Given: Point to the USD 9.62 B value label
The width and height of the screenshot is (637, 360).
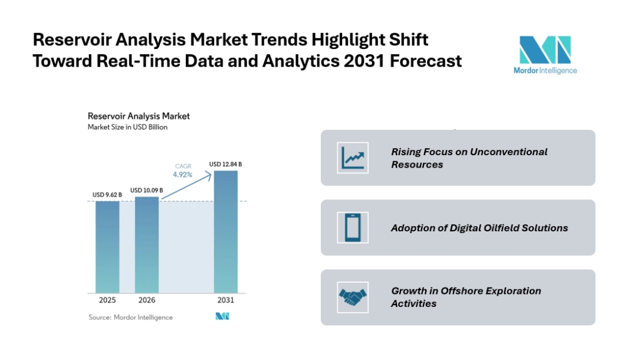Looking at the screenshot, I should point(107,195).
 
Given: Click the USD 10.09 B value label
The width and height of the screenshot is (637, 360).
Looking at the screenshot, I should point(146,190).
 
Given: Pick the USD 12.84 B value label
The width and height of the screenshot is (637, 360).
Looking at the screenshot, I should point(225,163).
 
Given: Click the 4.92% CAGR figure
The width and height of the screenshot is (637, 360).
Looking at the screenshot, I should point(183,175).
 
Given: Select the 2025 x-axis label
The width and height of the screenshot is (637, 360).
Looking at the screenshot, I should point(107,300).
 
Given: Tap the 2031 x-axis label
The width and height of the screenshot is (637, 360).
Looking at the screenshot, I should point(225,300).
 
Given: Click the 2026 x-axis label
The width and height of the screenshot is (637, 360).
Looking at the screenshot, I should point(147,300).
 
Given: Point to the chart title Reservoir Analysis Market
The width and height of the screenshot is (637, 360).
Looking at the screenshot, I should point(139,116).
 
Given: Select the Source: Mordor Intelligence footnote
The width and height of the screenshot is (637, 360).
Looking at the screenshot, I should point(130,318).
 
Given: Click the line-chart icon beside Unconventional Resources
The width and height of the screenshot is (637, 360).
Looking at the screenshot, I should point(353,158).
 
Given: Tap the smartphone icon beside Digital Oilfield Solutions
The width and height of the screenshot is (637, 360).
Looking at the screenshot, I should point(353,227).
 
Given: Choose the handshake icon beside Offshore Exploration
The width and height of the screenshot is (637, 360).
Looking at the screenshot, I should point(353,297).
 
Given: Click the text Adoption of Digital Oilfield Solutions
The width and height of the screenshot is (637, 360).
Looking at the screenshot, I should point(479,228).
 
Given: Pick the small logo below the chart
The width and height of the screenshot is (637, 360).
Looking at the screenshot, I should point(222,317).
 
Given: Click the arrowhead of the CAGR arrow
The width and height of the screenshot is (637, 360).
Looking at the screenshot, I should point(209,173).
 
